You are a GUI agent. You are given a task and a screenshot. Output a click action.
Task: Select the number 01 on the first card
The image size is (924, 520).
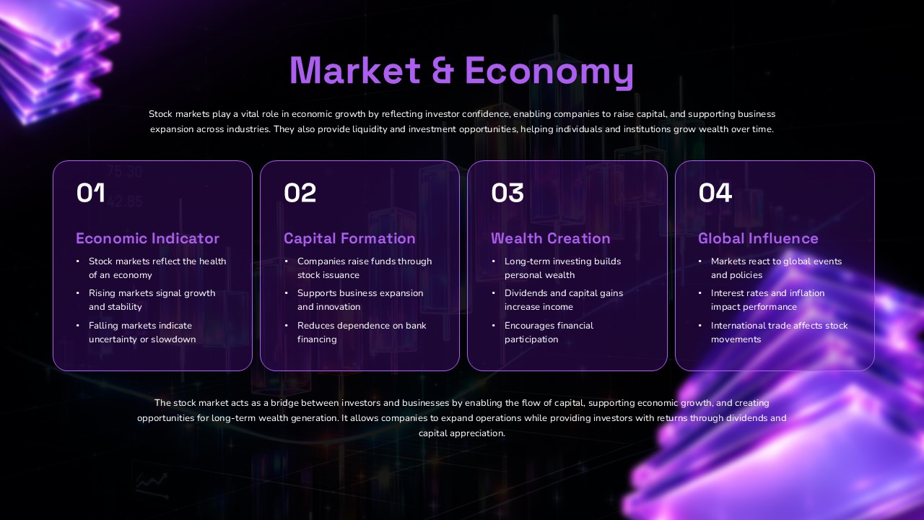pos(91,193)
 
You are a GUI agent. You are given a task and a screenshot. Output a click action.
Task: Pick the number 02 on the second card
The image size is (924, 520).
pos(300,193)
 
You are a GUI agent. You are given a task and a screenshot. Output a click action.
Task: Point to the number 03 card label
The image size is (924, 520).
pos(507,193)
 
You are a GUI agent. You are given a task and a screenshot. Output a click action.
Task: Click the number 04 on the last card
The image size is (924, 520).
pos(715,193)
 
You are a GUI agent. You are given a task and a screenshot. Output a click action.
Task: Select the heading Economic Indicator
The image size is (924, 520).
pos(147,238)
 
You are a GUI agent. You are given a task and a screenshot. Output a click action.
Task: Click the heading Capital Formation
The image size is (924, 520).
pos(349,238)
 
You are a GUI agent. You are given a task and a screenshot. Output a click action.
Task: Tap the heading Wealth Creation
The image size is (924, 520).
pos(551,238)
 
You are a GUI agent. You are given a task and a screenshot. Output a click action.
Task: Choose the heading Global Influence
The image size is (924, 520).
pos(758,238)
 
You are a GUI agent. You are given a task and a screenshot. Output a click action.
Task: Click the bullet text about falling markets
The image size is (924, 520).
pos(141,332)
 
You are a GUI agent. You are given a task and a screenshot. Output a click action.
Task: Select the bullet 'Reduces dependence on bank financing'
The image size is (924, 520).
pos(361,332)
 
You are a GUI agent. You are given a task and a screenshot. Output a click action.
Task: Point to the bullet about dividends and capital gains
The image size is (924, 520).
pos(563,300)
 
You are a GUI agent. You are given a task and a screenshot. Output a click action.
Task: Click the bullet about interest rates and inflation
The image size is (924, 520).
pos(767,300)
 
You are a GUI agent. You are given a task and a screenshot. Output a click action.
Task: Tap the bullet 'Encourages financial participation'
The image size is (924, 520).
pos(549,332)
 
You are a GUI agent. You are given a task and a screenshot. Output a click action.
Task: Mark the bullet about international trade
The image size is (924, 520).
pos(778,332)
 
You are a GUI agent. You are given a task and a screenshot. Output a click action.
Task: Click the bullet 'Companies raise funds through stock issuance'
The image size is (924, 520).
pos(364,268)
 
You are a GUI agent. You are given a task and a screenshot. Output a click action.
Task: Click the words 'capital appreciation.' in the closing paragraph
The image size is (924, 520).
pos(462,433)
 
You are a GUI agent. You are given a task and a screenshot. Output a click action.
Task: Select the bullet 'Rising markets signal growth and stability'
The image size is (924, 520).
pos(152,300)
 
